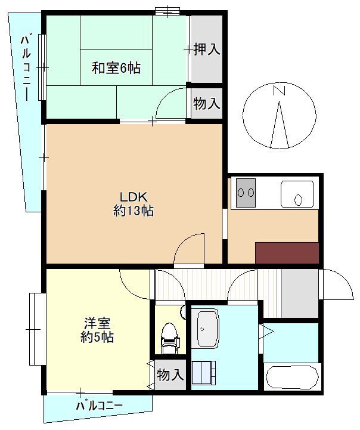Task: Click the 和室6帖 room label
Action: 116,68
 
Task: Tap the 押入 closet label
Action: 207,50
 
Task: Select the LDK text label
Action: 134,197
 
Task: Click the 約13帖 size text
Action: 134,211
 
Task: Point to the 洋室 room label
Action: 97,323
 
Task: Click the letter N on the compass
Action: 280,91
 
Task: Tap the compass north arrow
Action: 280,125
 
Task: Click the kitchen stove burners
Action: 246,193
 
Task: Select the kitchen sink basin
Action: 297,194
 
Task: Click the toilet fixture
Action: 170,338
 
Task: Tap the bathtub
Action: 292,377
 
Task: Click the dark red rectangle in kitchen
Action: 287,253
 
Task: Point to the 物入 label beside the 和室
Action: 207,103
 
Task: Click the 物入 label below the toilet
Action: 170,375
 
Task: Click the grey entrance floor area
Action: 300,293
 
